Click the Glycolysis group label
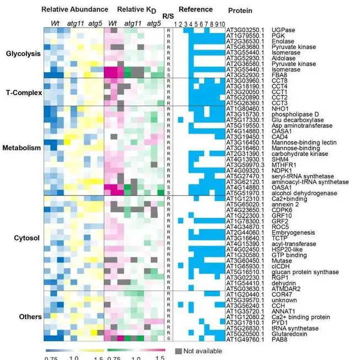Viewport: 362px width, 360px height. [21, 54]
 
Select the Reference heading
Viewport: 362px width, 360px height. [195, 10]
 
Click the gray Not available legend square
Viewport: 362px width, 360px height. [178, 351]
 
